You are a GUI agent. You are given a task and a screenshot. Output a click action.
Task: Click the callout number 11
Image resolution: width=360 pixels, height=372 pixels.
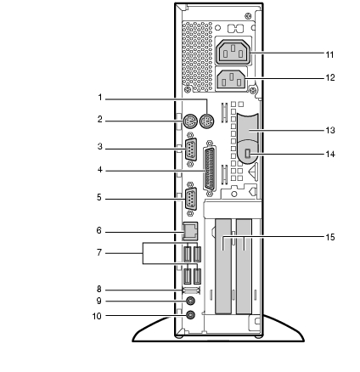click(329, 54)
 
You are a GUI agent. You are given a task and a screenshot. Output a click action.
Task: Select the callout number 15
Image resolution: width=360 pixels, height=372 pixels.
click(330, 237)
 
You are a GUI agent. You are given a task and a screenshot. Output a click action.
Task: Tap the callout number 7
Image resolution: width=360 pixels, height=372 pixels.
click(99, 252)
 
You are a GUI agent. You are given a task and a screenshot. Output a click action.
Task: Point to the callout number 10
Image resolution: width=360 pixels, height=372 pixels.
click(97, 316)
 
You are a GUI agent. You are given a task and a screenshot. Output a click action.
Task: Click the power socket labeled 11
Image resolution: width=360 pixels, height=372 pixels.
click(233, 53)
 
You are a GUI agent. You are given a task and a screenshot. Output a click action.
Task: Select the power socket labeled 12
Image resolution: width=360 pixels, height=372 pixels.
click(232, 80)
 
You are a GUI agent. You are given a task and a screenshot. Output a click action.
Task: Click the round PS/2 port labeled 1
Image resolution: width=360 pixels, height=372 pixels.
click(207, 121)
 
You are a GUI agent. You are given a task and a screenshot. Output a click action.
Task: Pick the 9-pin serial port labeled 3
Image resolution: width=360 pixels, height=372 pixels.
click(191, 149)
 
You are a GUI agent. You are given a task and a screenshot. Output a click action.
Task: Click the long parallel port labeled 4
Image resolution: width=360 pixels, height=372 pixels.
click(210, 170)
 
